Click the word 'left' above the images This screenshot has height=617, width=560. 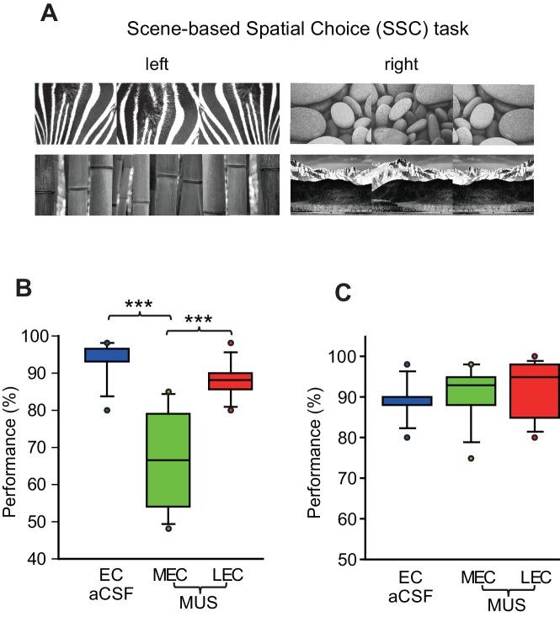157,64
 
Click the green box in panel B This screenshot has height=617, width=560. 168,460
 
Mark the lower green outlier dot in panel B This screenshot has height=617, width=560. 168,528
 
